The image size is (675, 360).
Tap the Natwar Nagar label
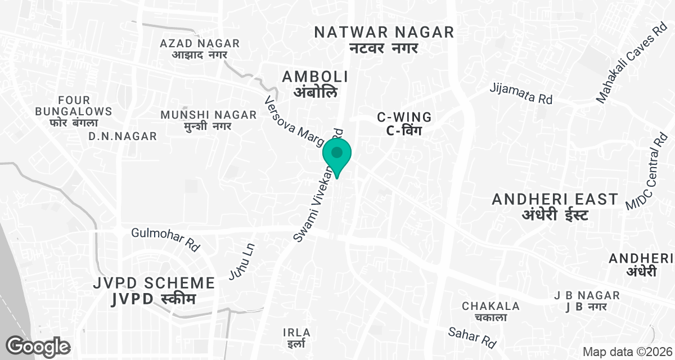(x=384, y=39)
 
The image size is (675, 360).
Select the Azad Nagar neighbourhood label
(x=200, y=49)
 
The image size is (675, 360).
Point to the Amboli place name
(x=315, y=84)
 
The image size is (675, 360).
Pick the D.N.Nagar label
(x=123, y=137)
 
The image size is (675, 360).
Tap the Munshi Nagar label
(x=208, y=120)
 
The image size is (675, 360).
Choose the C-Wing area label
(x=404, y=124)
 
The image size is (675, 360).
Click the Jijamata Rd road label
(x=521, y=93)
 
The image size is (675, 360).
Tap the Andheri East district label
(x=555, y=206)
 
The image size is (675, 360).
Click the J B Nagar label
(x=586, y=301)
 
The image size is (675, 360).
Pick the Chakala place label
(x=490, y=312)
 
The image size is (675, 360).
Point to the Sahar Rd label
(x=472, y=336)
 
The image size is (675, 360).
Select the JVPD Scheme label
(x=154, y=290)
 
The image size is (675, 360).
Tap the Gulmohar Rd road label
(x=166, y=239)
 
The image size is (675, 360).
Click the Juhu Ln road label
(x=242, y=261)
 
